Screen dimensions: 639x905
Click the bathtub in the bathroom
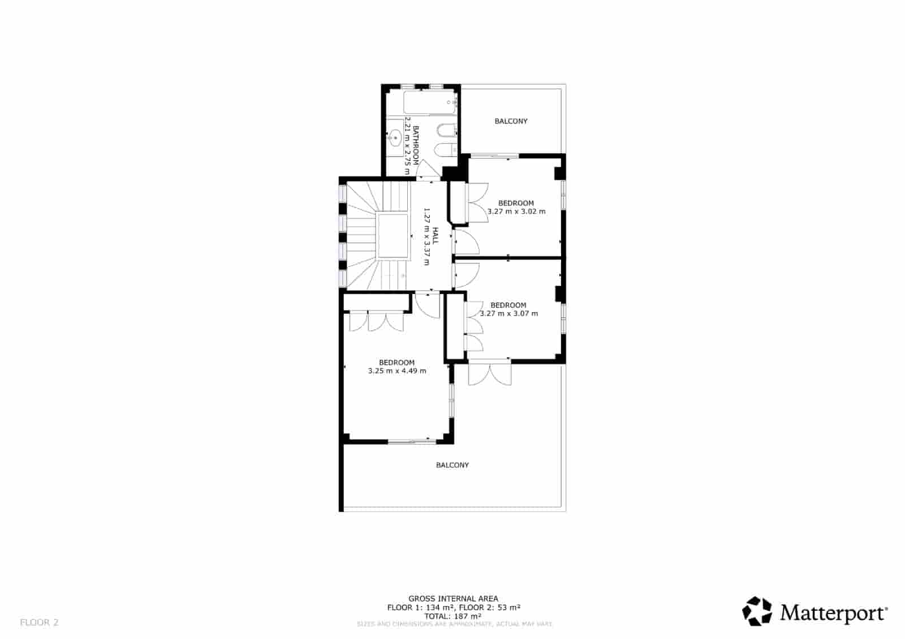[430, 103]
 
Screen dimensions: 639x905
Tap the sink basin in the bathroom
[395, 136]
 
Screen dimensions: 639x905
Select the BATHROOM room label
[416, 145]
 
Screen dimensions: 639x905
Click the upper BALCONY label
[511, 121]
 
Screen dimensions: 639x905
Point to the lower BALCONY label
[452, 465]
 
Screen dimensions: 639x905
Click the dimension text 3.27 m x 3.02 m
[516, 211]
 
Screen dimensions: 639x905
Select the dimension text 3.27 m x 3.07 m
[508, 313]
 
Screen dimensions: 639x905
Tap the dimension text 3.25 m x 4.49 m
[397, 371]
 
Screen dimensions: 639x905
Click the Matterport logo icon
[757, 612]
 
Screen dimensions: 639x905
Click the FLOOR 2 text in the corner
[39, 623]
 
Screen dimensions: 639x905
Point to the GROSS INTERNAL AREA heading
[453, 598]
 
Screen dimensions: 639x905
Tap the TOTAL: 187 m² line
[453, 616]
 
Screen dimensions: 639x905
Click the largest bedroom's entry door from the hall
[426, 305]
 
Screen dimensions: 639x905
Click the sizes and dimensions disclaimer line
[454, 624]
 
